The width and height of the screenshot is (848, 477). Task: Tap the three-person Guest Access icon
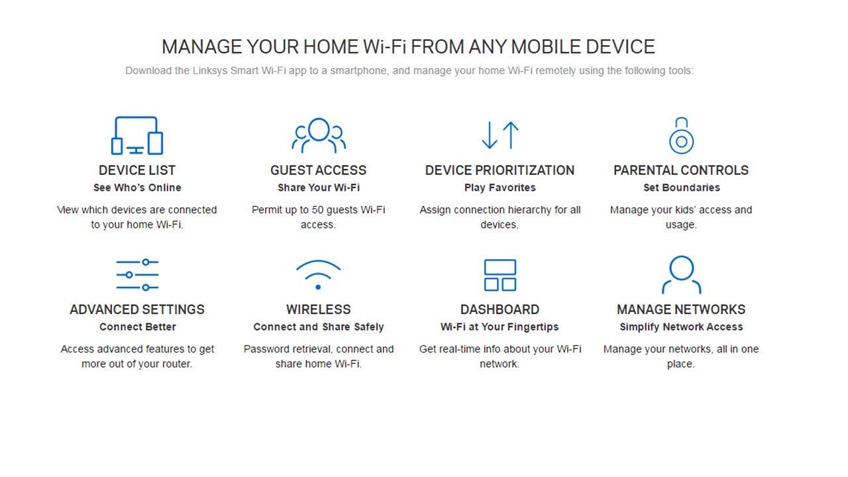tap(319, 134)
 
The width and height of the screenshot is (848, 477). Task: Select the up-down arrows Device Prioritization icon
tap(500, 134)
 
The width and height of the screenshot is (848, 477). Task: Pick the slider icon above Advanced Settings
tap(137, 274)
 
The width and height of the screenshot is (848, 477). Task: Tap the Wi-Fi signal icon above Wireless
tap(319, 274)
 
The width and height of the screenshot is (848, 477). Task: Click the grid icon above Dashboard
tap(500, 274)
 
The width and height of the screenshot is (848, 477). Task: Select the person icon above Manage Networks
tap(681, 274)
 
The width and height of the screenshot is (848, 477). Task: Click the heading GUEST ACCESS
tap(319, 170)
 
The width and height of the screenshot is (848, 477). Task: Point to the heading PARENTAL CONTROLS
tap(681, 170)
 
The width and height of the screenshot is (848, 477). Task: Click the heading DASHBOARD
tap(500, 309)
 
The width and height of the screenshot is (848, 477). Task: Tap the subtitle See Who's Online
tap(137, 187)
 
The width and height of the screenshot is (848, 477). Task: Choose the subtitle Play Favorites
tap(500, 187)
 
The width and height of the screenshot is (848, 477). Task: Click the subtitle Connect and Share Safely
tap(319, 327)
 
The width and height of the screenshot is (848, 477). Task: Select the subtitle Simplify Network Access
tap(681, 327)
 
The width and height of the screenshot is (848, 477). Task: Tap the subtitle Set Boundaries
tap(681, 187)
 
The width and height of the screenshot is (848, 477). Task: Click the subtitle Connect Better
tap(137, 327)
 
